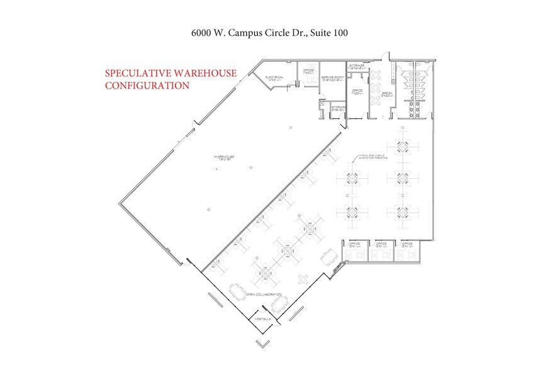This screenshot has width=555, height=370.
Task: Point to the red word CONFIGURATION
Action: [147, 85]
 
